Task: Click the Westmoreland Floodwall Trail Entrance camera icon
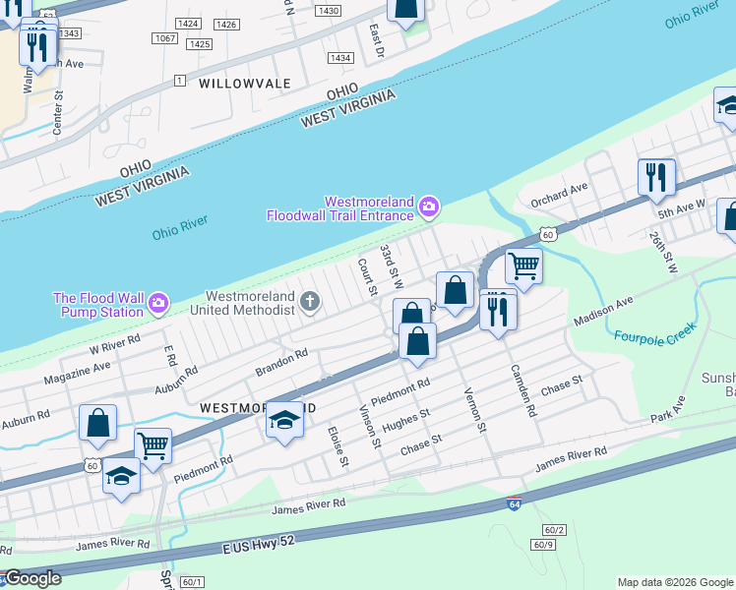click(x=428, y=206)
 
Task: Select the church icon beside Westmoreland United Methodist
click(x=310, y=301)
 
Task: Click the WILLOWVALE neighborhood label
click(x=245, y=84)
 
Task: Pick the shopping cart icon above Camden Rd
click(x=523, y=265)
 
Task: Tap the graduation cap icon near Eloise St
click(x=283, y=420)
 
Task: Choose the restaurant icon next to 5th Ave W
click(x=656, y=177)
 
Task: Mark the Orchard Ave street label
click(x=559, y=187)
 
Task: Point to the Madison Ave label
click(x=604, y=313)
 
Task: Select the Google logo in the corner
click(x=31, y=578)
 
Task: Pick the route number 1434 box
click(x=340, y=58)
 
